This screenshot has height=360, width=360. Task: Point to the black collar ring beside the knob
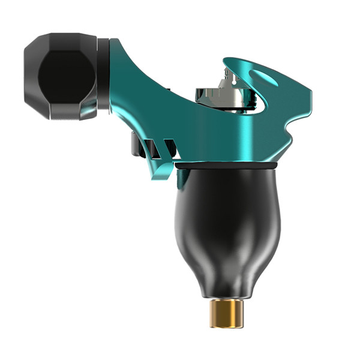coord(103,75)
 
